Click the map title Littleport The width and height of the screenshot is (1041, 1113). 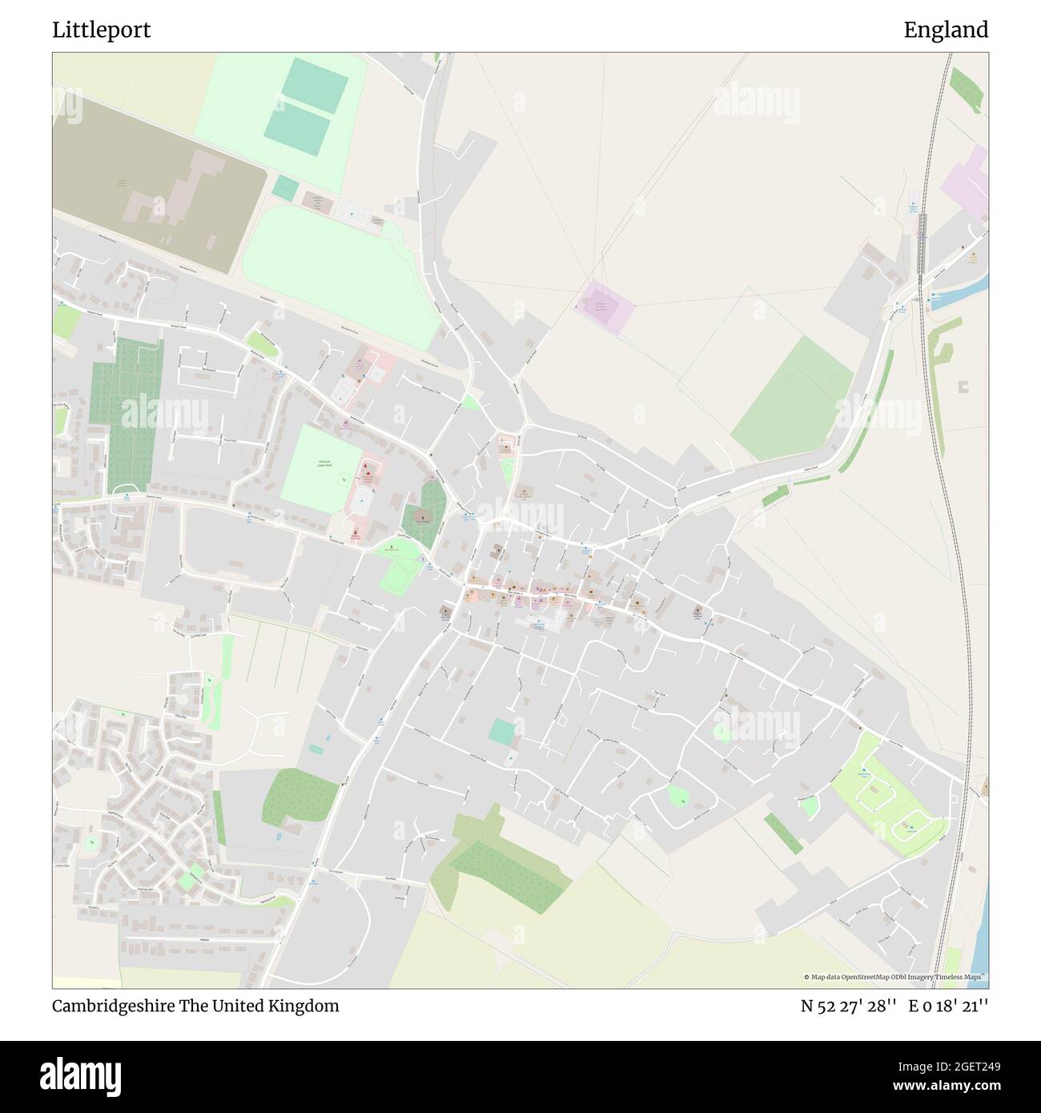(x=102, y=30)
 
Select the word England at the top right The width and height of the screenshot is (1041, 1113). (x=946, y=30)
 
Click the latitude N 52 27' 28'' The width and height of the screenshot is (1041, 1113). (x=849, y=1006)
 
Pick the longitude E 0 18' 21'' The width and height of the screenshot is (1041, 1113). (x=948, y=1006)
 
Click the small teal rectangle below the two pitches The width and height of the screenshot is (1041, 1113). (x=284, y=187)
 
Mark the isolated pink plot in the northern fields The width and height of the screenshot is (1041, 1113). (x=605, y=307)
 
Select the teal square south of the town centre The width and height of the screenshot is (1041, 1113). (x=503, y=731)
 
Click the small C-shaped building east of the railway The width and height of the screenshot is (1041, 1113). (x=963, y=388)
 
